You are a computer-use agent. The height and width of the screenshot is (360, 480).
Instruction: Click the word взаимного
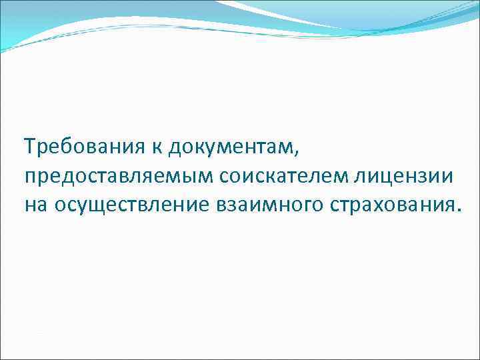[267, 205]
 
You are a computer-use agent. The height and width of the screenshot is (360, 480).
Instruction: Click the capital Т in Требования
[29, 144]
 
